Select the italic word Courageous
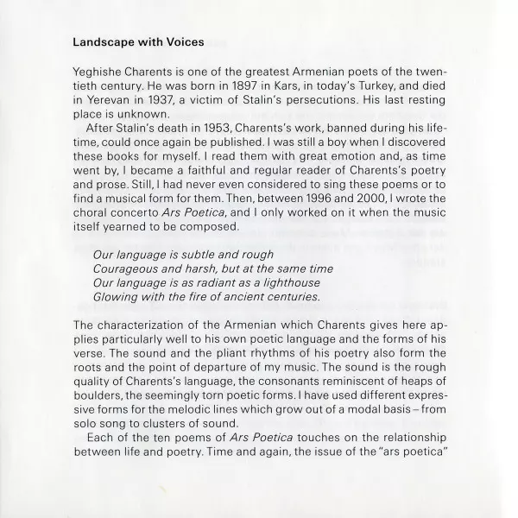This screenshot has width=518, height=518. click(x=125, y=268)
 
